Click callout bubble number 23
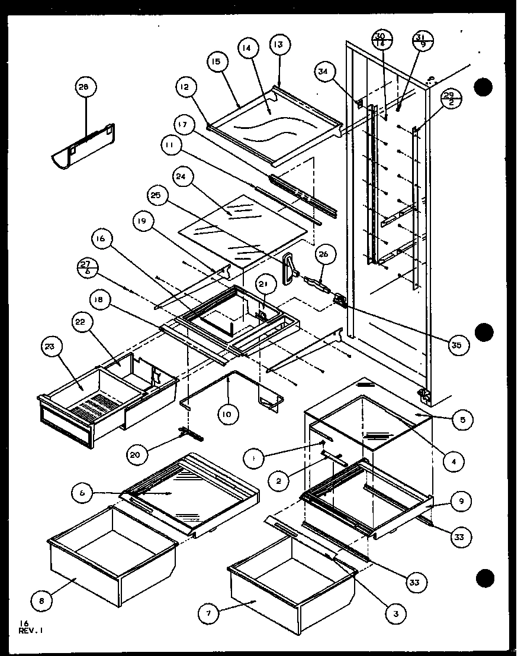click(x=50, y=348)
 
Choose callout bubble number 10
click(x=227, y=414)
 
